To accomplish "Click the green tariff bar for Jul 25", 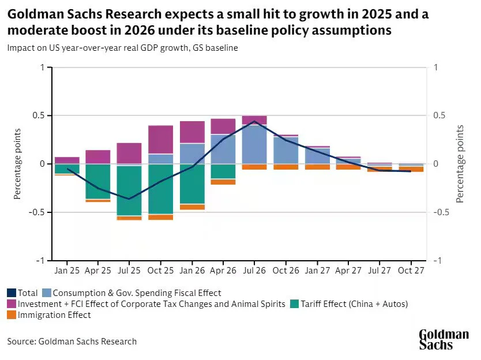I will click(129, 190).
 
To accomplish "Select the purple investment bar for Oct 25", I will click(160, 140).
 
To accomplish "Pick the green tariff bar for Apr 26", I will click(223, 171).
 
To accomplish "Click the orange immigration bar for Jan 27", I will click(317, 167).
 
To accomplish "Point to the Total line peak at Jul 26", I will click(254, 121).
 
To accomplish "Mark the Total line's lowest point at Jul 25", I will click(129, 199).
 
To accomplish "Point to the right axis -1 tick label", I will click(437, 261).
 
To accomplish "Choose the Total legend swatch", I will click(12, 293).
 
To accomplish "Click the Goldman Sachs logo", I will click(443, 339).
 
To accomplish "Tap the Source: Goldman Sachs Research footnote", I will click(72, 342).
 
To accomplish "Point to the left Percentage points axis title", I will click(18, 164).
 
